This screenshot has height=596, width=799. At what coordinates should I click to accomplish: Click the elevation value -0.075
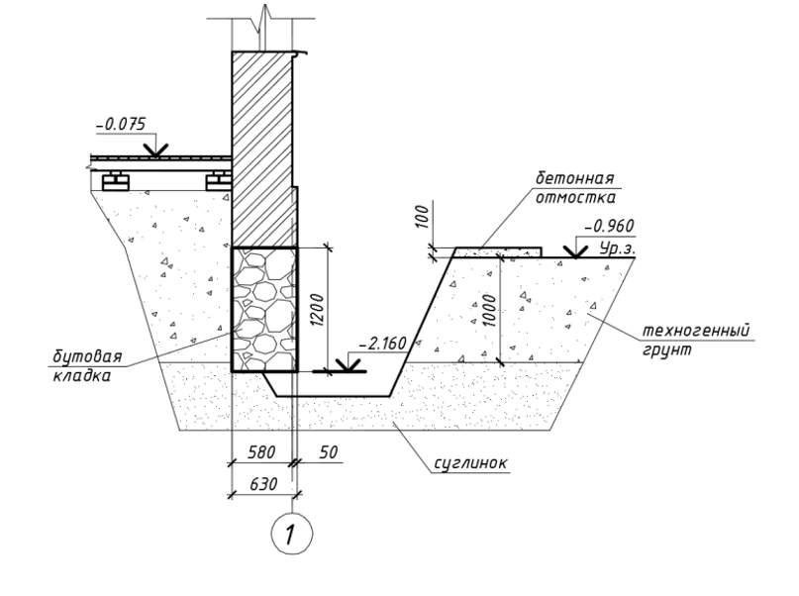pyautogui.click(x=121, y=125)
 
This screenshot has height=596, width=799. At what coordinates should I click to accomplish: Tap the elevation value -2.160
pyautogui.click(x=383, y=344)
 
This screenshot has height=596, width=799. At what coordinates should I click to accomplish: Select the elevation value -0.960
pyautogui.click(x=610, y=225)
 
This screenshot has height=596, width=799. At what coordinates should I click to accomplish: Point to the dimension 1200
pyautogui.click(x=317, y=310)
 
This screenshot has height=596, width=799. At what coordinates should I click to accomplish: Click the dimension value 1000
pyautogui.click(x=488, y=311)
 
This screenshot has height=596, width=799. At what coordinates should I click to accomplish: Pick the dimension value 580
pyautogui.click(x=261, y=451)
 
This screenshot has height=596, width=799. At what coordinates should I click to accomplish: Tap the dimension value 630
pyautogui.click(x=263, y=483)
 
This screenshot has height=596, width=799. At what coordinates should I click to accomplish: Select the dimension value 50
pyautogui.click(x=328, y=451)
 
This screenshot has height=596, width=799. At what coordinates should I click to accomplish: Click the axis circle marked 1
pyautogui.click(x=291, y=534)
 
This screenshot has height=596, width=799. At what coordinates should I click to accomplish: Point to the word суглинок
pyautogui.click(x=470, y=463)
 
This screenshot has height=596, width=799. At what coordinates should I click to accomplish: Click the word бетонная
pyautogui.click(x=574, y=178)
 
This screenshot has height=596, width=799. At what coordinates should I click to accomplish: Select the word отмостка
pyautogui.click(x=575, y=197)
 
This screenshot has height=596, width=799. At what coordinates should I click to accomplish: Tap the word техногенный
pyautogui.click(x=695, y=330)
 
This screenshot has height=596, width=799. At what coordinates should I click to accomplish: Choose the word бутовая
pyautogui.click(x=88, y=356)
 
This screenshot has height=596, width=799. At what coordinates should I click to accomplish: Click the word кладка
pyautogui.click(x=81, y=375)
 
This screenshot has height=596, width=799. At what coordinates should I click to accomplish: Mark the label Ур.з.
pyautogui.click(x=617, y=248)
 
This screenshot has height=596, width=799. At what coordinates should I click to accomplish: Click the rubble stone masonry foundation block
pyautogui.click(x=264, y=310)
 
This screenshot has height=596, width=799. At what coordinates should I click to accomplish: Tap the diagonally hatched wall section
pyautogui.click(x=262, y=149)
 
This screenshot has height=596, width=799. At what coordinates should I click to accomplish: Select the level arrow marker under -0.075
pyautogui.click(x=155, y=149)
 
